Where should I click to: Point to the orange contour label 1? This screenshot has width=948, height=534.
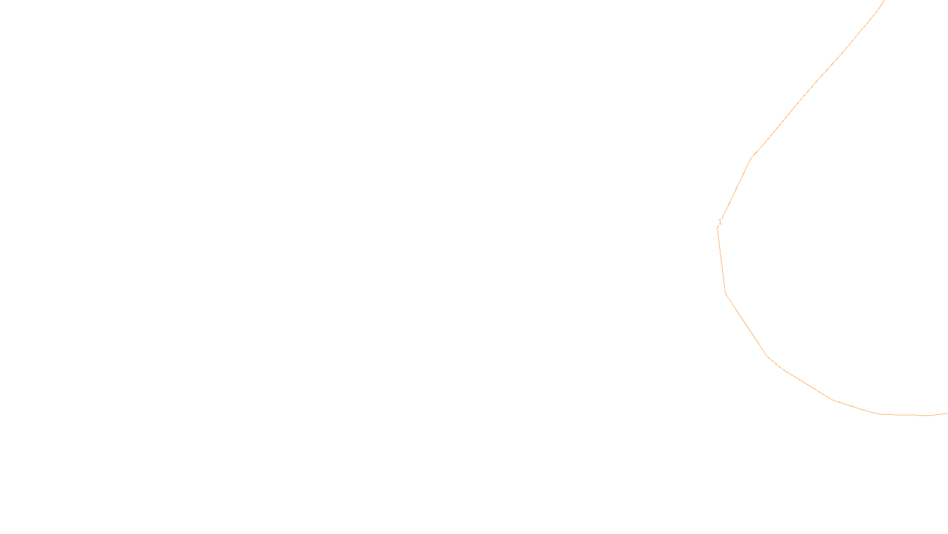(x=720, y=222)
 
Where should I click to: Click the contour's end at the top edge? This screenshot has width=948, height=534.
(x=884, y=1)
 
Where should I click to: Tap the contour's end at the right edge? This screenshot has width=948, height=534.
(x=947, y=413)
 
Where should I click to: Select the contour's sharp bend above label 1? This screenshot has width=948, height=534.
(x=751, y=158)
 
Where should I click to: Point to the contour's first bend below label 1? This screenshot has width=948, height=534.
(x=726, y=294)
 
